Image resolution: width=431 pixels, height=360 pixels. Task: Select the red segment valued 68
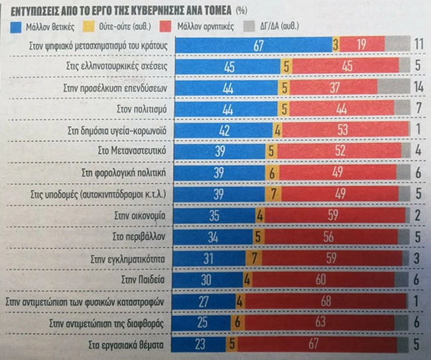tap(325, 302)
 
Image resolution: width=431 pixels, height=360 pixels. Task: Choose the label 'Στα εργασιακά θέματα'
tap(130, 345)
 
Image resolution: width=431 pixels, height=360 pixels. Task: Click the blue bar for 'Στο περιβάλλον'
tap(214, 237)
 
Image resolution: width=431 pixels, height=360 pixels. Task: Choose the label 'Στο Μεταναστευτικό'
tap(137, 151)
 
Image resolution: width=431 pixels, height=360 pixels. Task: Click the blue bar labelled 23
tap(200, 345)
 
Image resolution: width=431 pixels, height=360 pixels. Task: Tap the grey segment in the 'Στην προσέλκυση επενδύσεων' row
tap(394, 87)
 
